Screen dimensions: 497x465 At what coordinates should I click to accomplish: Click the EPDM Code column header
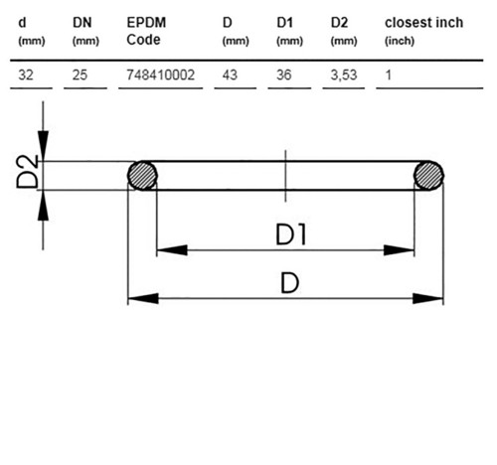[x=146, y=31]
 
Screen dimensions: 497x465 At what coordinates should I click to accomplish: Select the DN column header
[x=85, y=31]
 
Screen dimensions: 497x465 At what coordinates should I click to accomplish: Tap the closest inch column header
[x=423, y=31]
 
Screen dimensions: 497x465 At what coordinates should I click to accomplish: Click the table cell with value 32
[x=26, y=75]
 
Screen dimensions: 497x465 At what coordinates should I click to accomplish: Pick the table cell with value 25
[x=80, y=75]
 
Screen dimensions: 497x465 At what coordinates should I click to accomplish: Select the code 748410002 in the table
[x=161, y=75]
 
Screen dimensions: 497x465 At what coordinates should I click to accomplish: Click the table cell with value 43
[x=230, y=75]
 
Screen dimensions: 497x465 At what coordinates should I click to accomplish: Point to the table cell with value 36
[x=284, y=75]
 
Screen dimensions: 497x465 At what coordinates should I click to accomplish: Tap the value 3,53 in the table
[x=344, y=76]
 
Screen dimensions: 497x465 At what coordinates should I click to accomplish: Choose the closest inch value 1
[x=389, y=75]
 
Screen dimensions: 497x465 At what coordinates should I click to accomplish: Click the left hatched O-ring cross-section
[x=142, y=176]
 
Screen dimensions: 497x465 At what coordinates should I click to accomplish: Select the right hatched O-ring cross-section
[x=428, y=176]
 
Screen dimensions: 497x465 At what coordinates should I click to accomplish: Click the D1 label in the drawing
[x=290, y=234]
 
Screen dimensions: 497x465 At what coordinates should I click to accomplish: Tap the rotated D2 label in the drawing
[x=28, y=172]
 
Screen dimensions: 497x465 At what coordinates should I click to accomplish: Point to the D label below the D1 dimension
[x=290, y=283]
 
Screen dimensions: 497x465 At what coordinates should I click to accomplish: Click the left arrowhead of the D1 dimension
[x=172, y=250]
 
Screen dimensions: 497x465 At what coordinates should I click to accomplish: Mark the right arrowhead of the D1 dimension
[x=399, y=250]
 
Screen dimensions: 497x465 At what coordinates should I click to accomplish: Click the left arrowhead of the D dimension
[x=143, y=298]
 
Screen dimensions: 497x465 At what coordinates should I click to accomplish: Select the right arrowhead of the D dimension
[x=427, y=298]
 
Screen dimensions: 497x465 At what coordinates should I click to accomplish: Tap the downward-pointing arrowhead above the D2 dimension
[x=43, y=146]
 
